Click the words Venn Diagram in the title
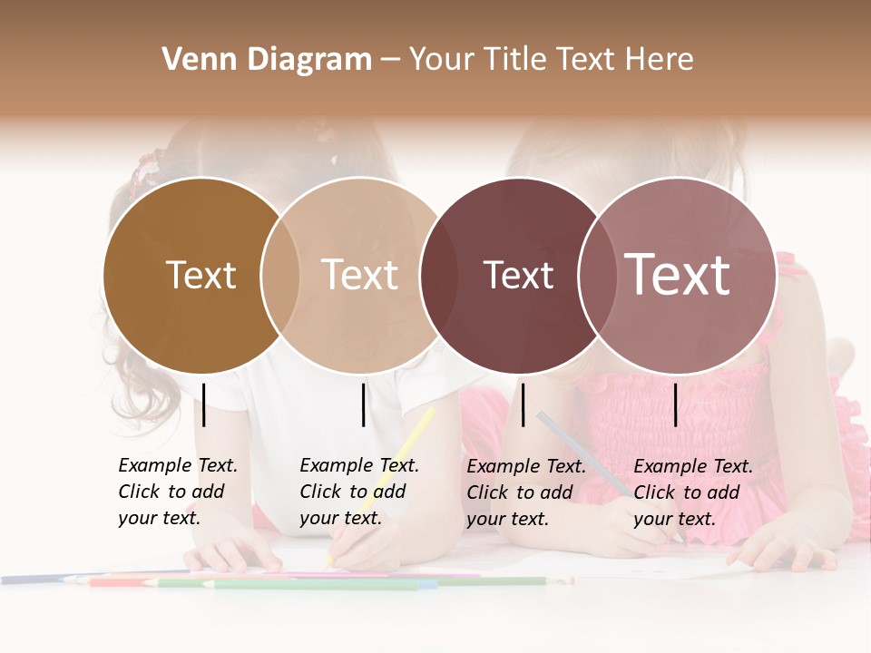click(x=267, y=60)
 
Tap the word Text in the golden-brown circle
click(x=201, y=275)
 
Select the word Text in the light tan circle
click(x=359, y=275)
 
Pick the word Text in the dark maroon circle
click(x=518, y=275)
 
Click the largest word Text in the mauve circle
click(x=678, y=275)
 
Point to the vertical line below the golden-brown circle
click(x=204, y=404)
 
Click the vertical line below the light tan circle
click(x=363, y=404)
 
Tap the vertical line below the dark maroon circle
click(x=524, y=404)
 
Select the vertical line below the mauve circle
click(x=676, y=404)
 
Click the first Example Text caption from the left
click(x=177, y=492)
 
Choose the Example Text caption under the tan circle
click(x=358, y=492)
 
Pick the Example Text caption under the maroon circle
click(x=526, y=492)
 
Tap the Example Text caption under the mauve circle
click(x=692, y=492)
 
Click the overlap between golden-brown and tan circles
click(x=280, y=275)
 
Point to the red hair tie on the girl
click(x=142, y=171)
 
